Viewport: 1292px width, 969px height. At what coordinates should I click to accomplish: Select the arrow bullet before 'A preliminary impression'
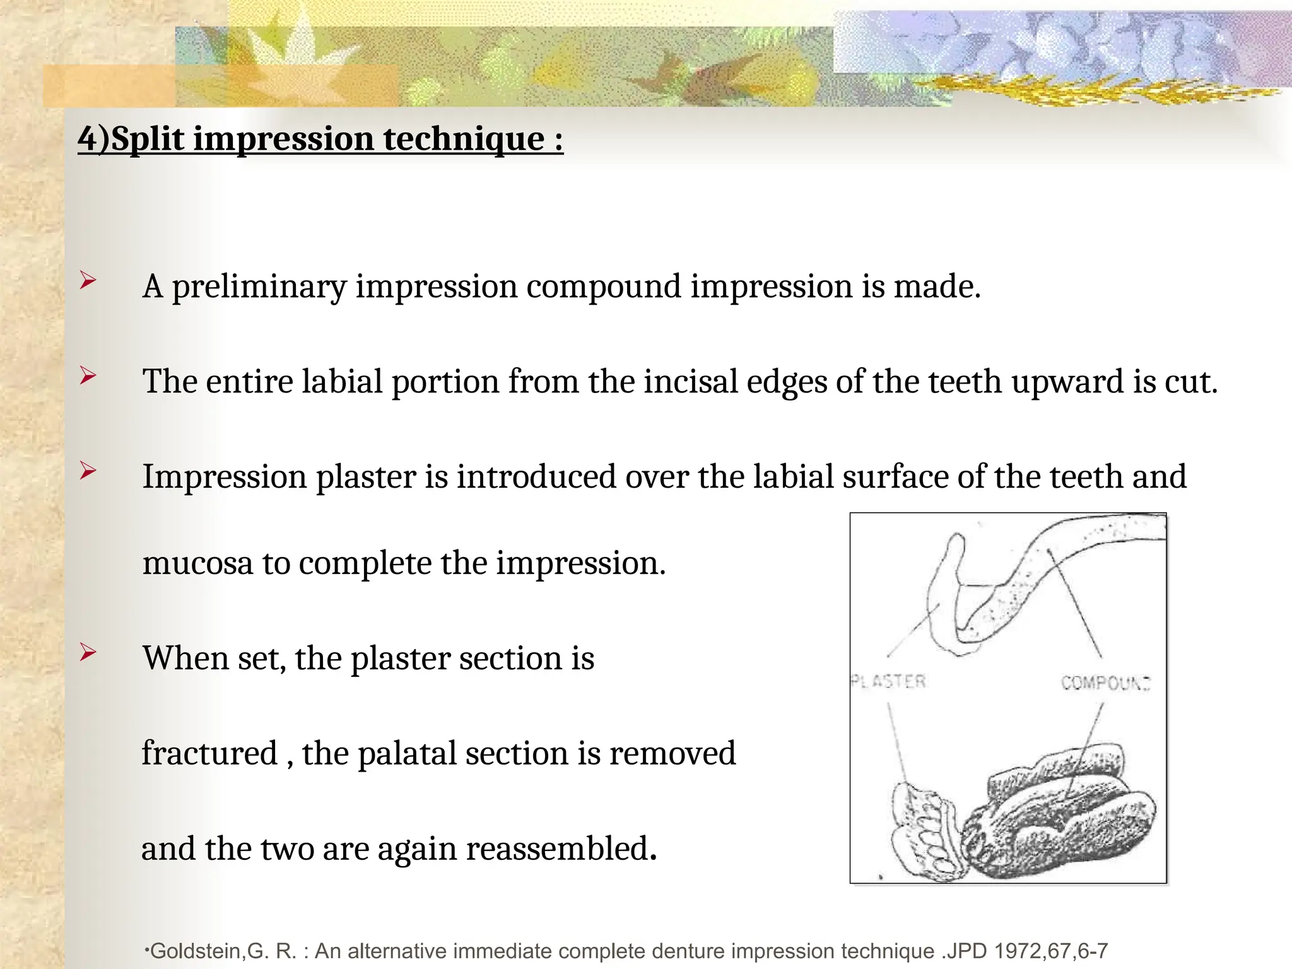[x=88, y=280]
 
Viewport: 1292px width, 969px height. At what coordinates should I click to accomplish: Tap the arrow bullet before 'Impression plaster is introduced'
[x=88, y=470]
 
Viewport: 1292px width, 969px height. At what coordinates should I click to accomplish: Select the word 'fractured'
[x=209, y=753]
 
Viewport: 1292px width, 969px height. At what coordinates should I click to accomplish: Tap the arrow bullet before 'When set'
[x=88, y=652]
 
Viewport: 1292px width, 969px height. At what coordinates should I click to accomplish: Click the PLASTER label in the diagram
[x=888, y=681]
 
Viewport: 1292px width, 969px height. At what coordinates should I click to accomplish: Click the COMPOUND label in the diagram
[x=1105, y=683]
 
